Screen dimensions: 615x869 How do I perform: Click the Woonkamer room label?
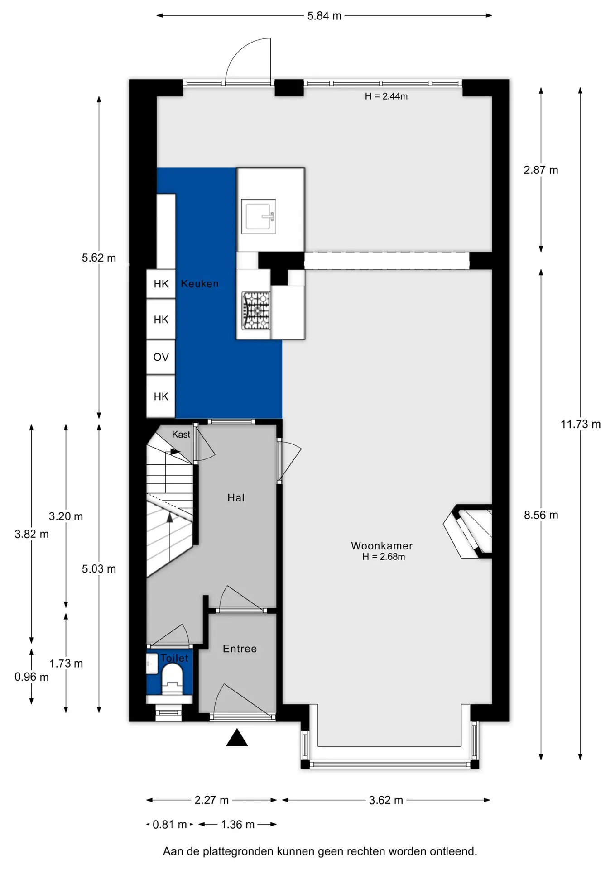pyautogui.click(x=382, y=545)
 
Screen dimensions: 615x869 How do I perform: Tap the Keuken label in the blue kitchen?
pyautogui.click(x=200, y=284)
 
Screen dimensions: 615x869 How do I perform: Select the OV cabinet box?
pyautogui.click(x=161, y=357)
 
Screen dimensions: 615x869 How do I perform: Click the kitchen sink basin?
pyautogui.click(x=258, y=216)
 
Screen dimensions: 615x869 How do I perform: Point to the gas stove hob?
pyautogui.click(x=256, y=310)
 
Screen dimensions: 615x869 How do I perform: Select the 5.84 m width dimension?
pyautogui.click(x=324, y=16)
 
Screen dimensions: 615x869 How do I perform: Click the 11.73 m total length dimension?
pyautogui.click(x=581, y=424)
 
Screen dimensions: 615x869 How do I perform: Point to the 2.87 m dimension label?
pyautogui.click(x=541, y=170)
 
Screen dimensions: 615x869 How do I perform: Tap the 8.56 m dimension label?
pyautogui.click(x=541, y=515)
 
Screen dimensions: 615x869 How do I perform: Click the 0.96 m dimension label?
pyautogui.click(x=31, y=677)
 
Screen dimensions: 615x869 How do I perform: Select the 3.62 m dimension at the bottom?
pyautogui.click(x=386, y=800)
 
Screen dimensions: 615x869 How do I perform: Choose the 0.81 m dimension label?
pyautogui.click(x=170, y=825)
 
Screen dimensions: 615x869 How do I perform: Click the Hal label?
pyautogui.click(x=236, y=498)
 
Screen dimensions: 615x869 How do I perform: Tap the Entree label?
pyautogui.click(x=240, y=649)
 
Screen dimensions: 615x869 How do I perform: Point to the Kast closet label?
pyautogui.click(x=181, y=434)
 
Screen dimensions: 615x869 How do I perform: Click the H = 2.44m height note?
pyautogui.click(x=386, y=96)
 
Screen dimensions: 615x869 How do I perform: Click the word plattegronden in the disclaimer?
pyautogui.click(x=257, y=852)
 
